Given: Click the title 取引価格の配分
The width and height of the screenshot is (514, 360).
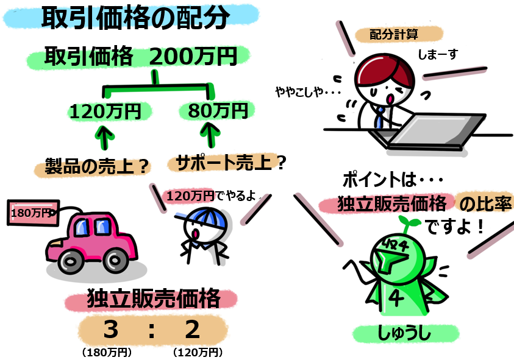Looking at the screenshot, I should [135, 19].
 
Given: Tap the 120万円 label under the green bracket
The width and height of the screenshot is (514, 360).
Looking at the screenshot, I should [105, 111].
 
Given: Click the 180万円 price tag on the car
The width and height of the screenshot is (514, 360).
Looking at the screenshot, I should [30, 213].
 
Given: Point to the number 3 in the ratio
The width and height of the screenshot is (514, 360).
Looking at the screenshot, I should [110, 330].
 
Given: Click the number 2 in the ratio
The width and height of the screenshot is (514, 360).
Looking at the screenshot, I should [192, 330].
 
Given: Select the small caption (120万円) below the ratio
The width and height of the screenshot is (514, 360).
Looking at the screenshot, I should [197, 352].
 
